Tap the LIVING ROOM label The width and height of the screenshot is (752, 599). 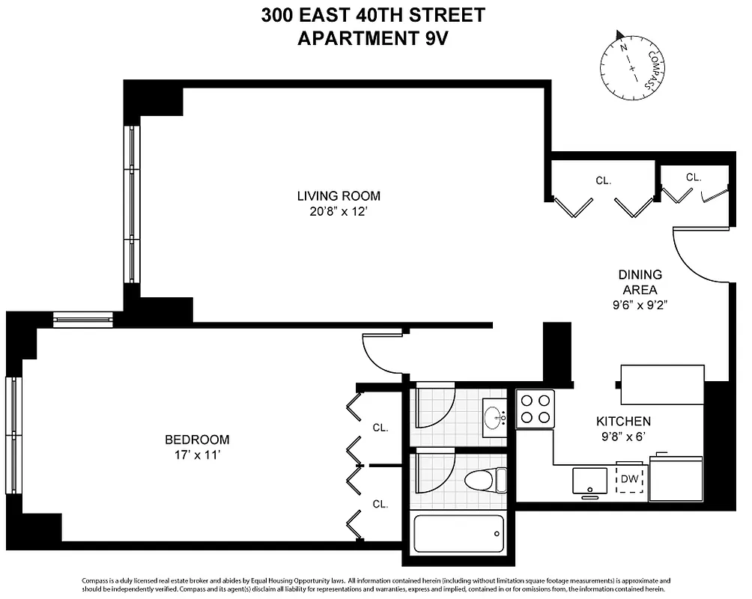pos(339,196)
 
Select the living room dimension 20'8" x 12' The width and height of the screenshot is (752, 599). pos(339,212)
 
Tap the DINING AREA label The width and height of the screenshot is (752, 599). pos(640,282)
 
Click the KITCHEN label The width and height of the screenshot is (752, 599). pos(623,421)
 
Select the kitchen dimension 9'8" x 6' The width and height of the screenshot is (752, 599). pos(623,437)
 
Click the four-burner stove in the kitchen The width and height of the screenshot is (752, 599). pos(536,410)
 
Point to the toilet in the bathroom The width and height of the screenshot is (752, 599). pos(483,479)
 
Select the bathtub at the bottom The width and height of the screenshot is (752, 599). pos(458,534)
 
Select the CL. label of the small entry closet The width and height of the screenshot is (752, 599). pos(694,177)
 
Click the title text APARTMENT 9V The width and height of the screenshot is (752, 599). pos(372,38)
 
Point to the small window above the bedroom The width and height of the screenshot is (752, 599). pos(82,322)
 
